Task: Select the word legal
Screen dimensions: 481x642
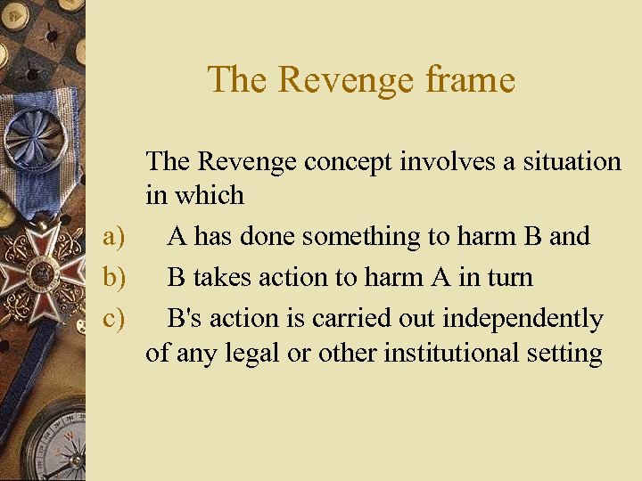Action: pos(251,353)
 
